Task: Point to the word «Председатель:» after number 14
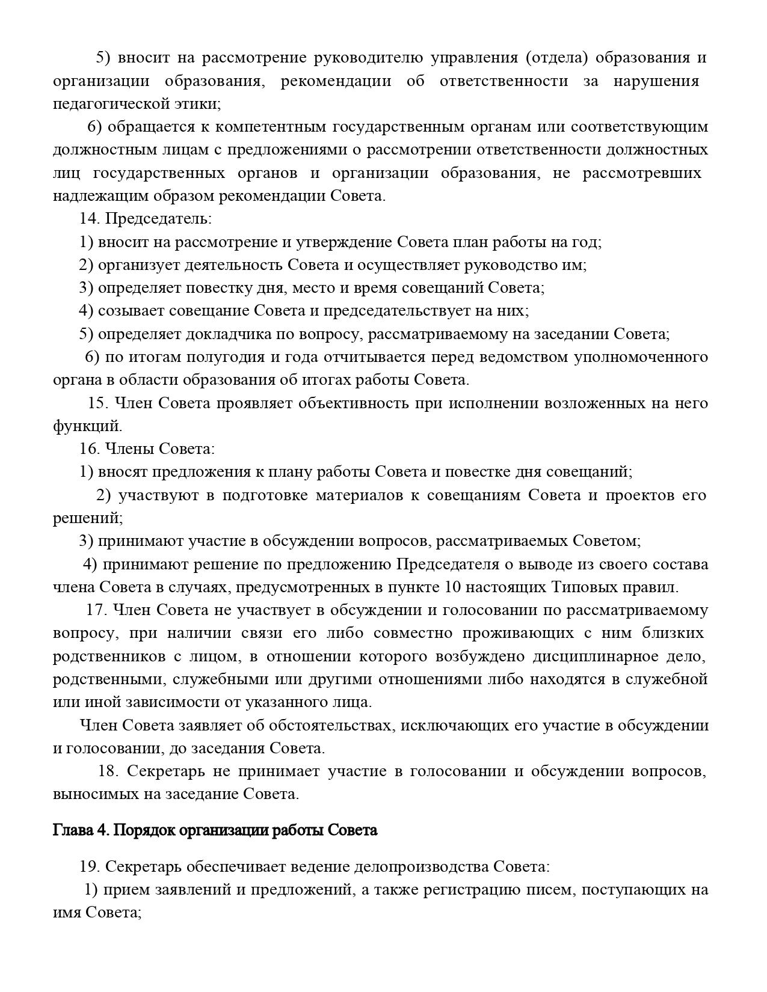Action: click(x=158, y=219)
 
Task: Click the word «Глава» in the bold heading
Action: click(x=72, y=830)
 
